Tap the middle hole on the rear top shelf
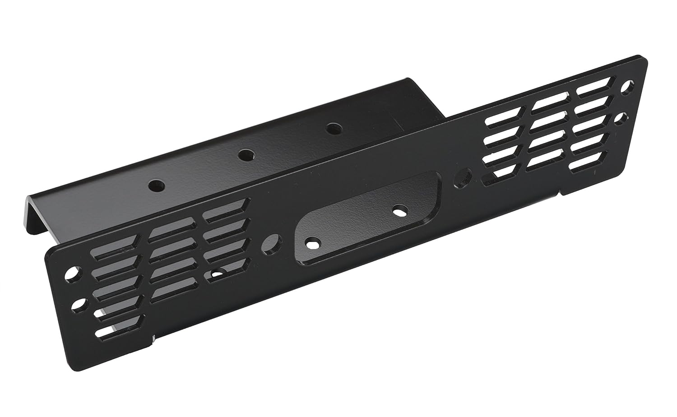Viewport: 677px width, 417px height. (246, 155)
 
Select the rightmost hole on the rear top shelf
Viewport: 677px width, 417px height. (333, 129)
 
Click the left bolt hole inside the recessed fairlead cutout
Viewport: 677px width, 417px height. (311, 243)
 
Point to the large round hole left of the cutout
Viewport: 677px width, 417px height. (272, 243)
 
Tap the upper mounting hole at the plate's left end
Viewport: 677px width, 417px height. (72, 273)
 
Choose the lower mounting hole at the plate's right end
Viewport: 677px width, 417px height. (624, 118)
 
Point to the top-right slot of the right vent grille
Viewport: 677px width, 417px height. (594, 88)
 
